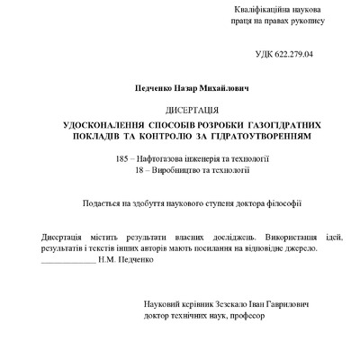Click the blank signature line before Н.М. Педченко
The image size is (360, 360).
click(67, 259)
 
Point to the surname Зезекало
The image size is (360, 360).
click(221, 306)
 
